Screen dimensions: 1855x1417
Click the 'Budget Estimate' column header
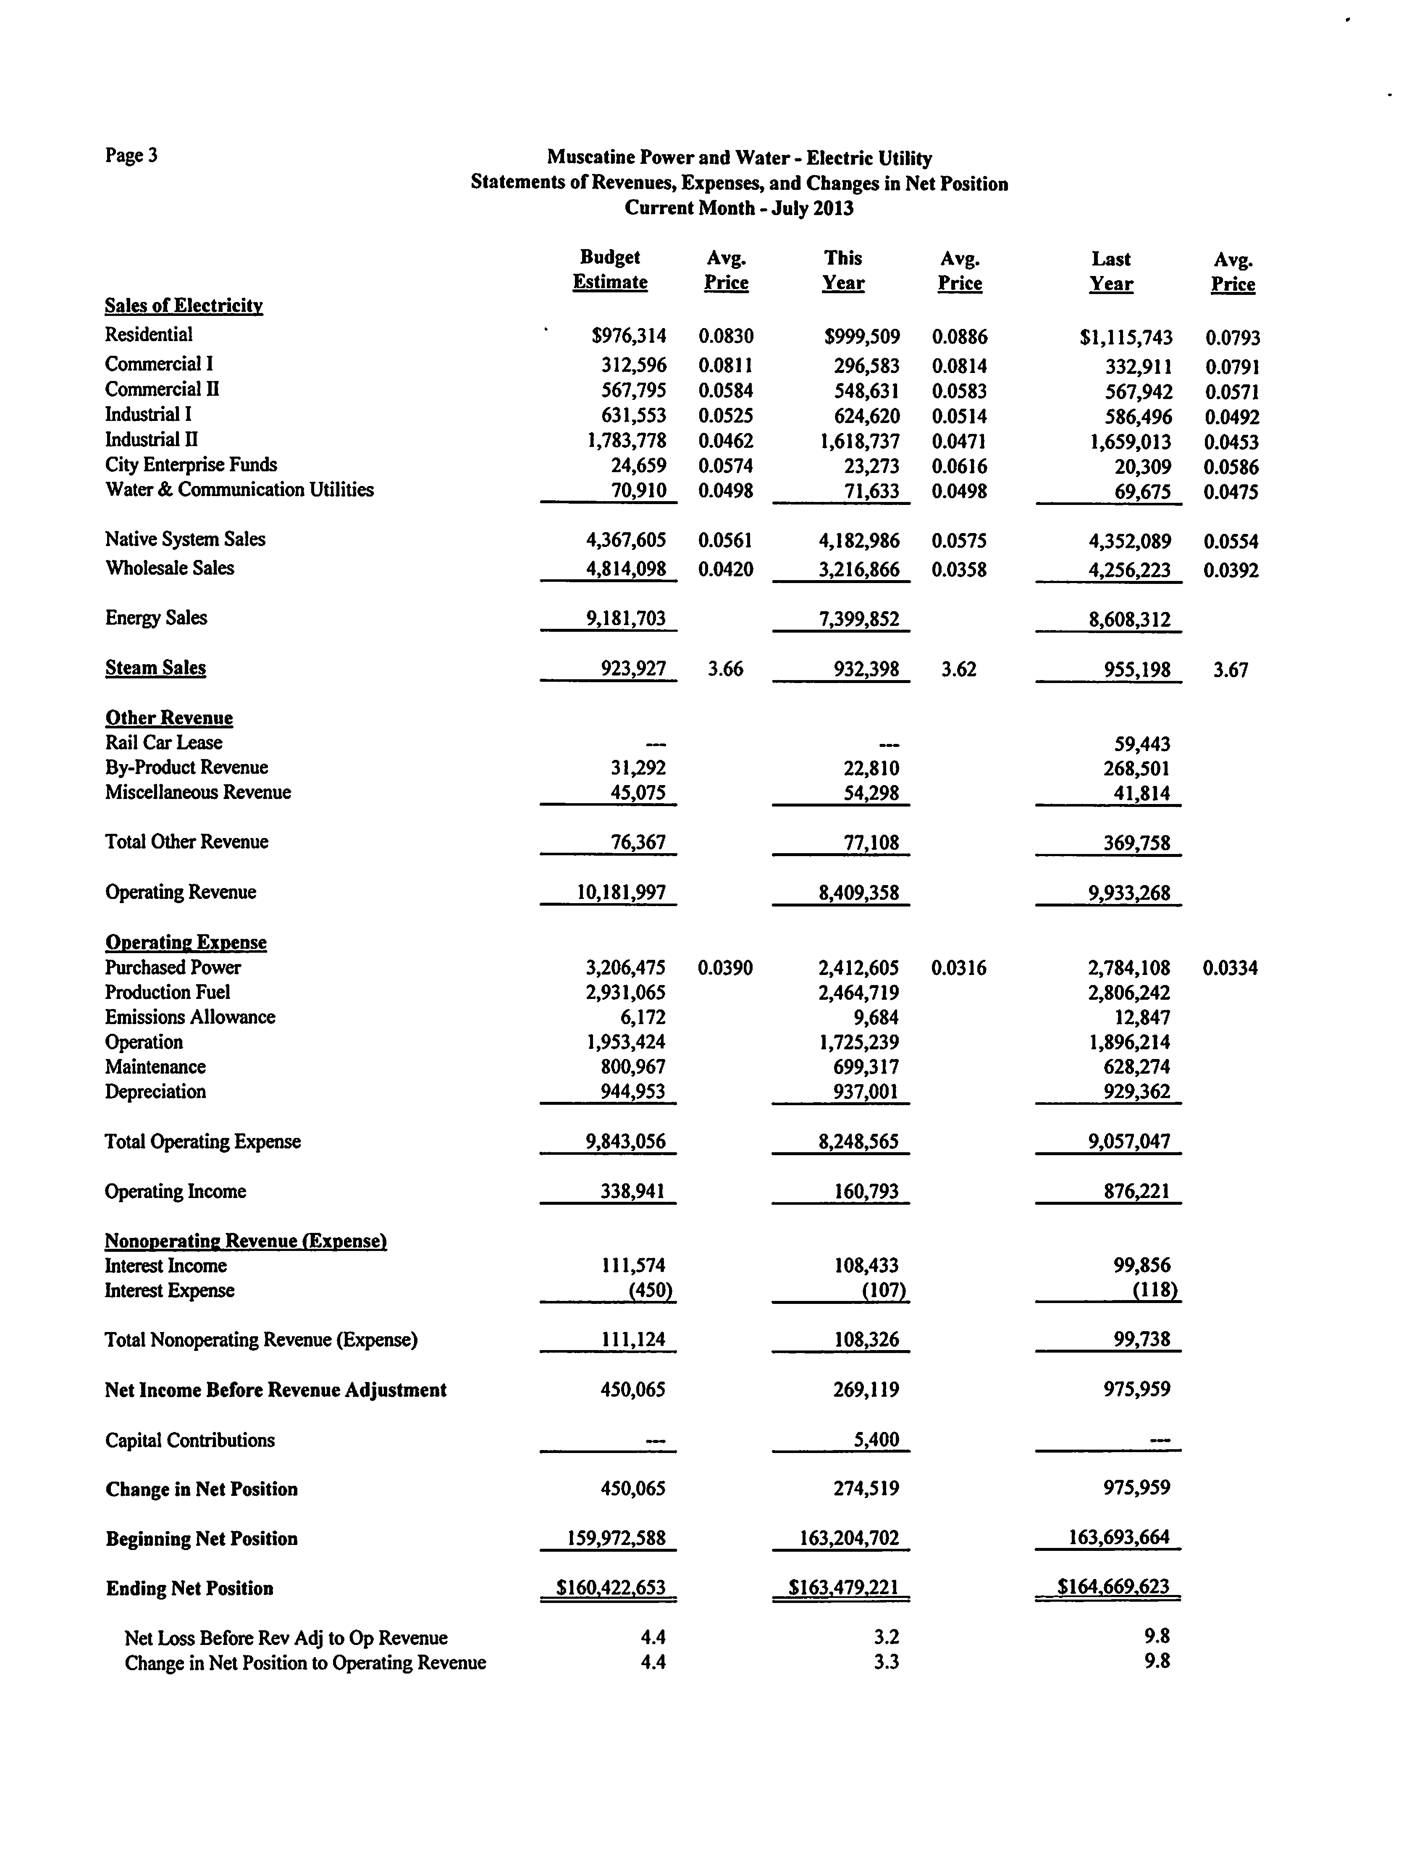[610, 270]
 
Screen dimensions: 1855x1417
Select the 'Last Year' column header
[1111, 272]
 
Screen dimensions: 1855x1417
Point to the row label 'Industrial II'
[152, 439]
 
